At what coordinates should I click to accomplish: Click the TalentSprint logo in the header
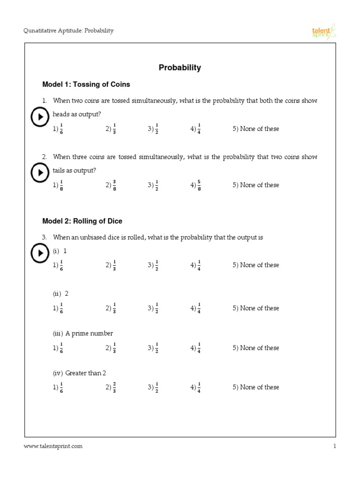324,32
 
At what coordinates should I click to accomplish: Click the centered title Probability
180,67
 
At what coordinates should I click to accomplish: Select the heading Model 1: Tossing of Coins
86,84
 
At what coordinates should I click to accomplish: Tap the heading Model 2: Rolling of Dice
82,221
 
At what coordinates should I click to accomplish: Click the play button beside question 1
40,117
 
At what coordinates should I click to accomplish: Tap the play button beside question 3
40,253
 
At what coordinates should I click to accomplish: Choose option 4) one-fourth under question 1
196,129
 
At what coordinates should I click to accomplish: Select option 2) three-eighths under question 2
111,185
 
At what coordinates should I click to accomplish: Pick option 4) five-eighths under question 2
196,185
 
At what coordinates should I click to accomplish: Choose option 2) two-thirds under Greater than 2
111,387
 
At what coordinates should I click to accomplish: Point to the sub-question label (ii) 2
61,293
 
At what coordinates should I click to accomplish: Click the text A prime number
89,333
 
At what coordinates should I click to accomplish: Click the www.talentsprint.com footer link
53,446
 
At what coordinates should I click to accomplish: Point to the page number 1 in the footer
335,446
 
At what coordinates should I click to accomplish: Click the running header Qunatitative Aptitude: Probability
68,31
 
